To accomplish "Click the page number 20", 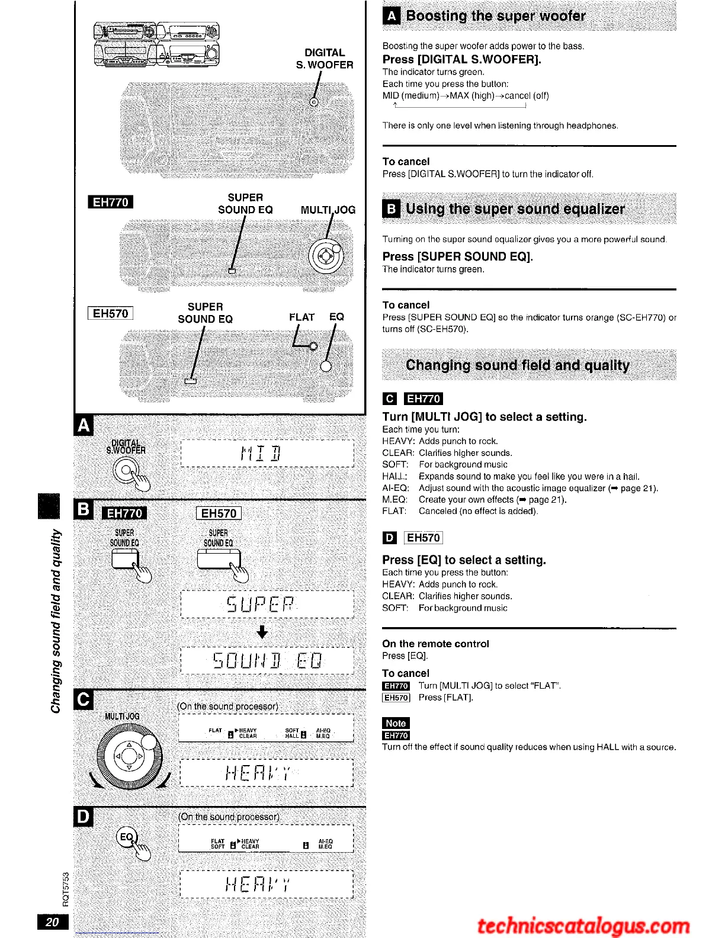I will [53, 921].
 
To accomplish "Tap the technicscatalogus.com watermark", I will [583, 926].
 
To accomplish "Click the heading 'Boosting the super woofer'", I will [496, 16].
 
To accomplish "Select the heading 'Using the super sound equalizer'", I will [515, 209].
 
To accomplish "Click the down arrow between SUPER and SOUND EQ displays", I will [262, 632].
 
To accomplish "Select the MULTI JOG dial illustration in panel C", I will [129, 757].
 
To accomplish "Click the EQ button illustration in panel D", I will [127, 837].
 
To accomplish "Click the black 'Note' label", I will [396, 723].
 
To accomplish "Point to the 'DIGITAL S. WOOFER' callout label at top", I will [325, 59].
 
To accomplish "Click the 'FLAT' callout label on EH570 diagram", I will [301, 317].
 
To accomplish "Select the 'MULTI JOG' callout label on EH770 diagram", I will [328, 210].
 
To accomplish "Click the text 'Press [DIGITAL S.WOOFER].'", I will [462, 59].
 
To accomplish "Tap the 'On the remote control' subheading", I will [435, 644].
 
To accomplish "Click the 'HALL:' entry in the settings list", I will [395, 476].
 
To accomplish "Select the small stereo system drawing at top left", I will [156, 44].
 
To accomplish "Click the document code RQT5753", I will [66, 889].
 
